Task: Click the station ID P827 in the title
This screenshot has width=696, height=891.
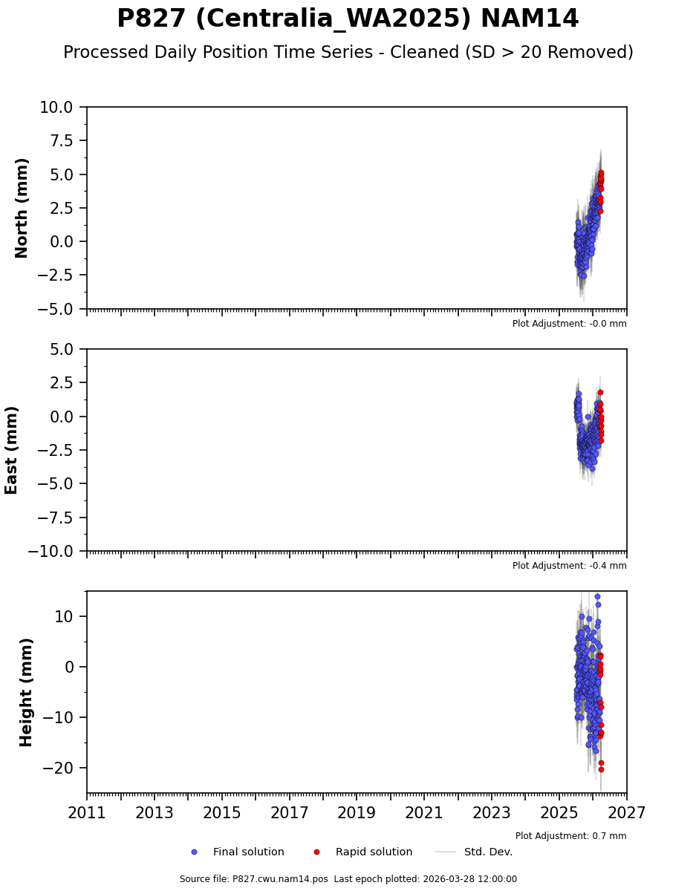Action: coord(152,19)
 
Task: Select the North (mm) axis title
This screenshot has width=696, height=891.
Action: coord(22,208)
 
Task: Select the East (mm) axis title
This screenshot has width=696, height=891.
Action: coord(12,450)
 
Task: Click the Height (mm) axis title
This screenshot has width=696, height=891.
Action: coord(27,692)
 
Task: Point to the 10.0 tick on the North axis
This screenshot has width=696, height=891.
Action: coord(56,108)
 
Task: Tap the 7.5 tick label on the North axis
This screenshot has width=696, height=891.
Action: coord(62,141)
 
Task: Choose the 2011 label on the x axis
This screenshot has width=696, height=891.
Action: coord(87,813)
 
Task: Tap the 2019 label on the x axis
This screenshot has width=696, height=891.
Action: coord(357,813)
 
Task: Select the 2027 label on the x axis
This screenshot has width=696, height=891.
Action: coord(626,813)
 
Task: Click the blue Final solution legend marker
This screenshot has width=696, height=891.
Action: coord(194,852)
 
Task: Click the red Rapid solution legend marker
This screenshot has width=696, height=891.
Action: coord(316,852)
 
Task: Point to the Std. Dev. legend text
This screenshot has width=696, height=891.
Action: coord(488,852)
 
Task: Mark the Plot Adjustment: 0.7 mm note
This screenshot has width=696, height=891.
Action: coord(570,836)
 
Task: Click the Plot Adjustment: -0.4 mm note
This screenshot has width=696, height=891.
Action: coord(569,566)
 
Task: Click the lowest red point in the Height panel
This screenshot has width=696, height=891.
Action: coord(601,769)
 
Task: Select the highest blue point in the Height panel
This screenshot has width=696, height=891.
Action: coord(597,596)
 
